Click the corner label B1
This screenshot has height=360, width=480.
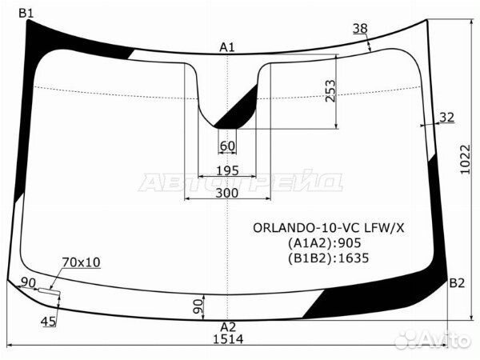(x=26, y=13)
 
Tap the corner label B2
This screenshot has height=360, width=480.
(x=457, y=283)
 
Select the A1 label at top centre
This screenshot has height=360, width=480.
(x=227, y=47)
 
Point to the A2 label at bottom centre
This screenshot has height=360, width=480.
(x=228, y=327)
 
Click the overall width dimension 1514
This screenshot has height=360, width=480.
(x=228, y=339)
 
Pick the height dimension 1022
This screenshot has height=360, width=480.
(x=465, y=159)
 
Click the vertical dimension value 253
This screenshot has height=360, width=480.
(x=330, y=91)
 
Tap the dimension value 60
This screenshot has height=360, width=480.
(x=227, y=146)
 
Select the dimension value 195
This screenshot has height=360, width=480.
(x=227, y=170)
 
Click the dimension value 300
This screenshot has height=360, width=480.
(x=227, y=193)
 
